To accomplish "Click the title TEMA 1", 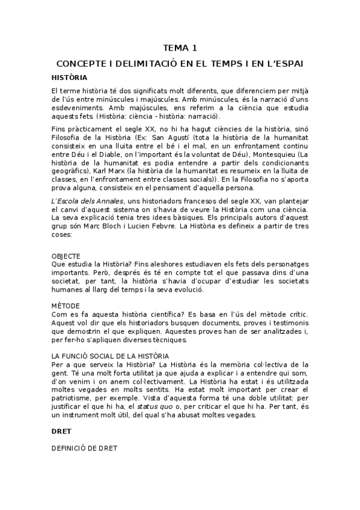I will coord(180,48).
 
